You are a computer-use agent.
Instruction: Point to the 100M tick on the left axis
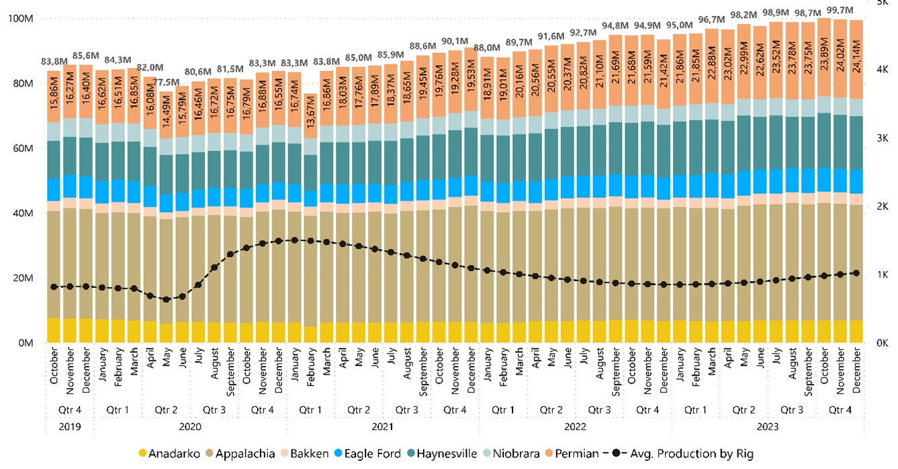(x=21, y=19)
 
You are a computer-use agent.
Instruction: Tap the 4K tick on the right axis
(x=877, y=70)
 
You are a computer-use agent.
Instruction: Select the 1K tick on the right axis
(x=877, y=275)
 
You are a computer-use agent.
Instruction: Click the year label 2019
(x=70, y=425)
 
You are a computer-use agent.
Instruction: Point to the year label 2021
(x=382, y=425)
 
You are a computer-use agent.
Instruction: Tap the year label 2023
(x=766, y=425)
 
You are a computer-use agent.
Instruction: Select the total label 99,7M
(x=840, y=10)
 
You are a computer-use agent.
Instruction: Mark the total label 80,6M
(x=199, y=72)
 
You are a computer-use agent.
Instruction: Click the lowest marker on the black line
(x=167, y=299)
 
